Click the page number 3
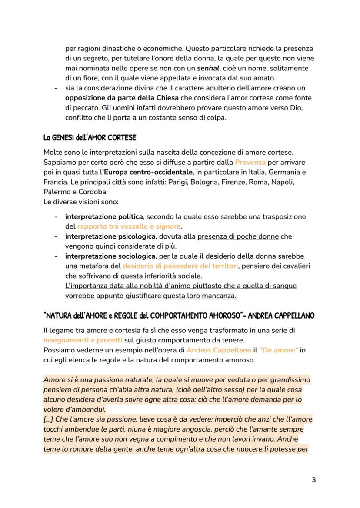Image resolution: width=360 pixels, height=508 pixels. (x=313, y=480)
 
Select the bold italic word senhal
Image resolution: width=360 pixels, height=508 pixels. (x=209, y=69)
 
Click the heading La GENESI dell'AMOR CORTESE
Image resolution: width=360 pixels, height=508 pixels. (x=90, y=138)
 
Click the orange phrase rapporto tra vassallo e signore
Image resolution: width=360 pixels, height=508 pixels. (x=129, y=226)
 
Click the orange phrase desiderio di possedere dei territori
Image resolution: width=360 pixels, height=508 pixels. (x=180, y=266)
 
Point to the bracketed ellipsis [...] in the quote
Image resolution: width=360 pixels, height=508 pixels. (x=50, y=419)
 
